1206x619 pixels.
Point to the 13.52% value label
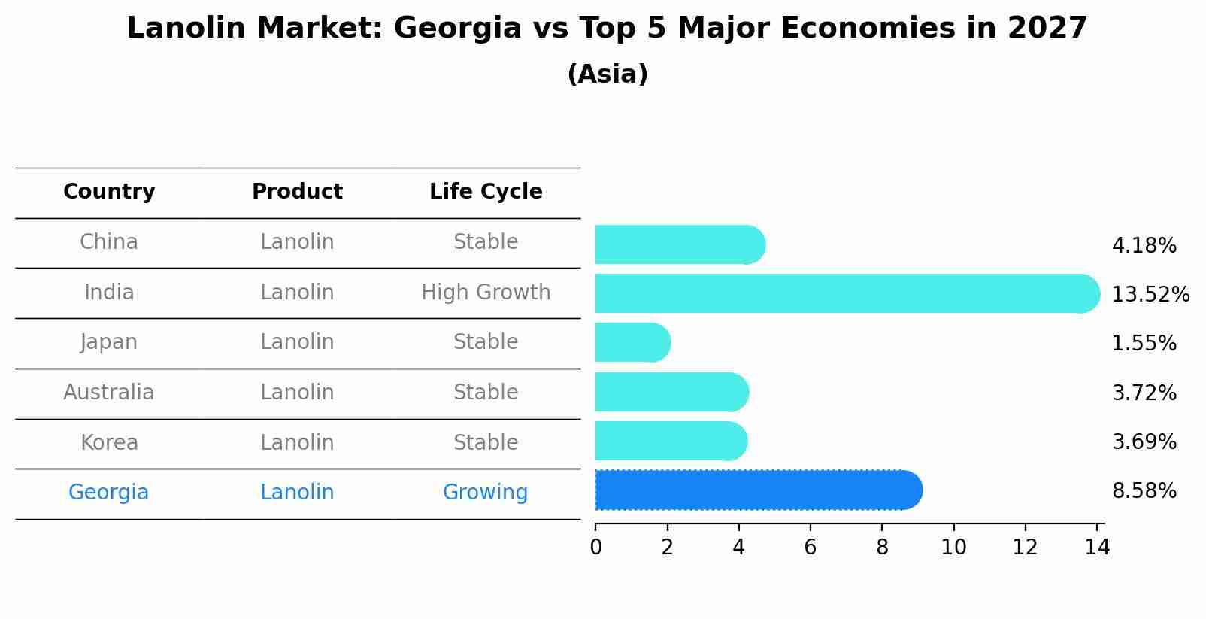pyautogui.click(x=1150, y=294)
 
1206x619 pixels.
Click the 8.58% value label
pyautogui.click(x=1144, y=491)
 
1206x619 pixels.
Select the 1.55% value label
pyautogui.click(x=1144, y=344)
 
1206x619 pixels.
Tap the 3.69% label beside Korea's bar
pyautogui.click(x=1144, y=441)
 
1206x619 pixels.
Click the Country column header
pyautogui.click(x=109, y=192)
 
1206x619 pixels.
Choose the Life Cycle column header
pyautogui.click(x=486, y=192)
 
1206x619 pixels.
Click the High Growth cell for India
pyautogui.click(x=486, y=292)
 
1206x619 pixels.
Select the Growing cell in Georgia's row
pyautogui.click(x=485, y=493)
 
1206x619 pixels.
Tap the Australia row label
pyautogui.click(x=109, y=392)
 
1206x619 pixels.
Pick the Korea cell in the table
pyautogui.click(x=109, y=442)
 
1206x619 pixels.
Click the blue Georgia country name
pyautogui.click(x=109, y=493)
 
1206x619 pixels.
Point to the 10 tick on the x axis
pyautogui.click(x=953, y=548)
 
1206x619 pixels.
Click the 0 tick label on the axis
pyautogui.click(x=595, y=548)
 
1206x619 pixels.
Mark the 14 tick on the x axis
pyautogui.click(x=1097, y=548)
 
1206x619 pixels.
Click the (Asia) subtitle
pyautogui.click(x=608, y=74)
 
